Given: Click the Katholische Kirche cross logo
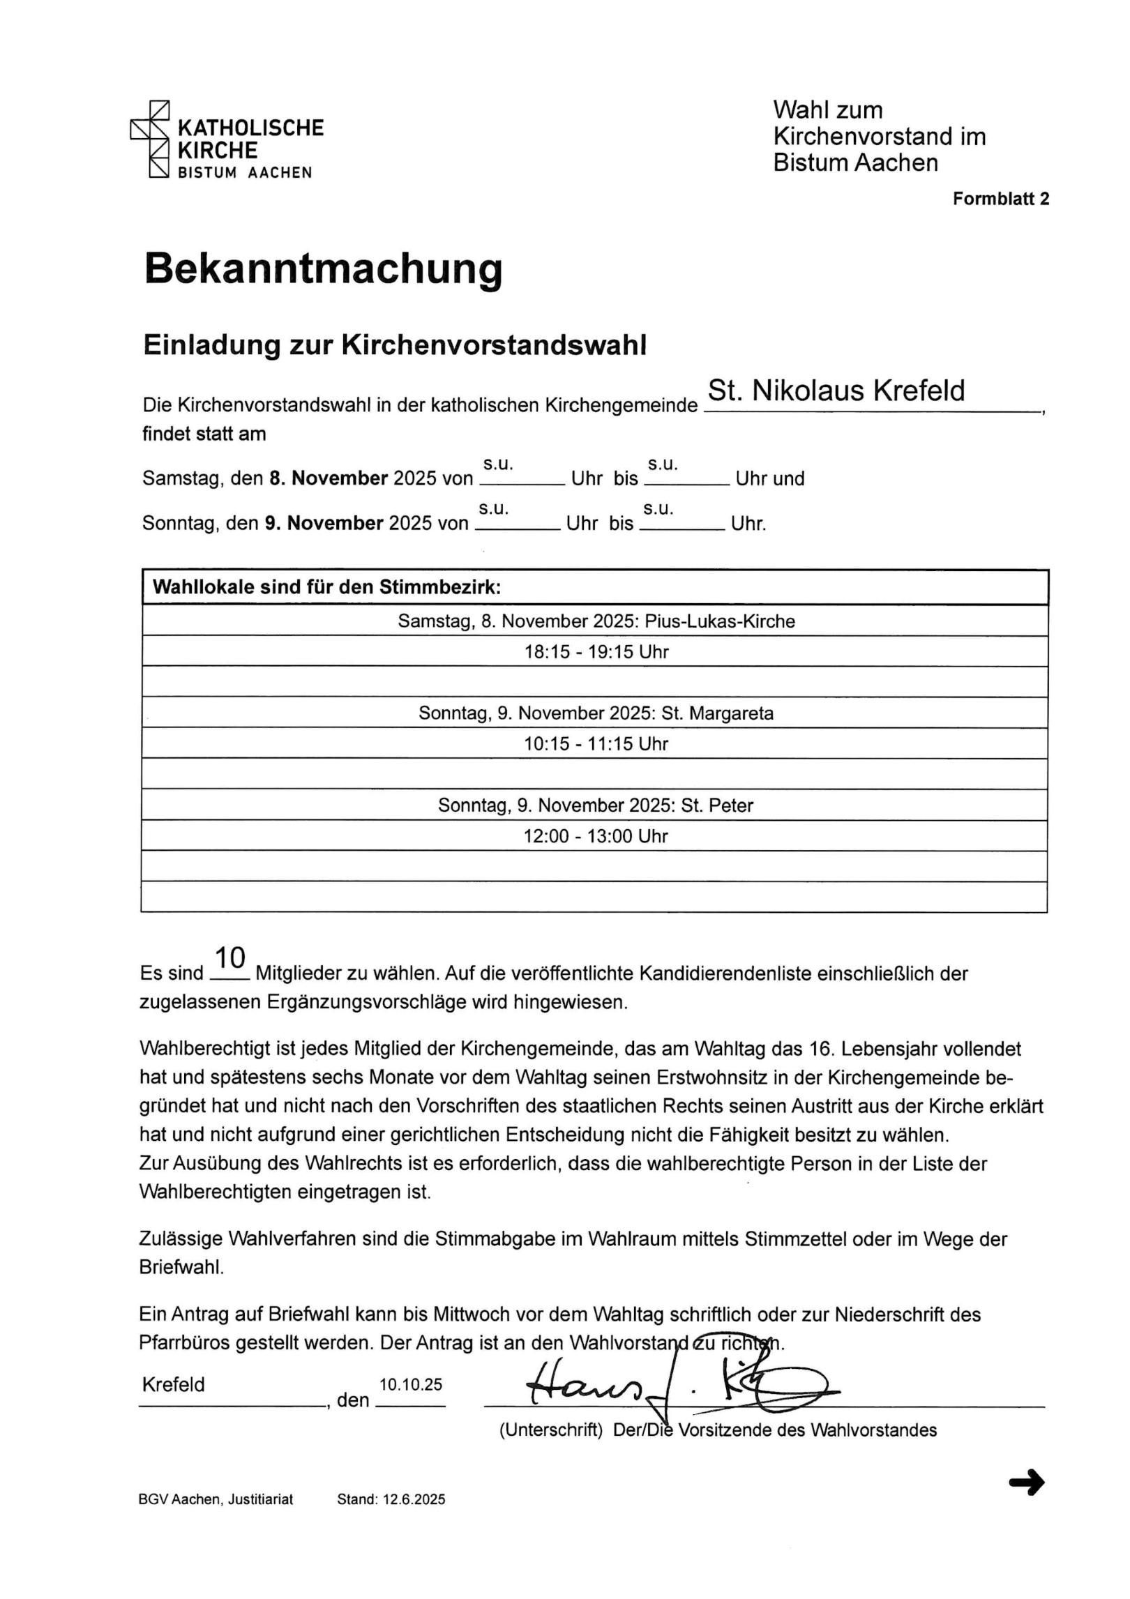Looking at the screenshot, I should (x=151, y=139).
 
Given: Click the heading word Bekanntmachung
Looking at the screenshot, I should (x=323, y=269).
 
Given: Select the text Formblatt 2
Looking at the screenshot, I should (x=1001, y=199).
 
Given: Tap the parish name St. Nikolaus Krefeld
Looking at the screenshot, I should (x=836, y=391).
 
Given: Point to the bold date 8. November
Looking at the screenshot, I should (x=329, y=478).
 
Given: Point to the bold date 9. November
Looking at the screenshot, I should (x=324, y=523).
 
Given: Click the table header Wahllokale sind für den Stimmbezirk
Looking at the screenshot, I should (x=326, y=587).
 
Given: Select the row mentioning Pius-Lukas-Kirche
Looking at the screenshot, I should (x=596, y=621).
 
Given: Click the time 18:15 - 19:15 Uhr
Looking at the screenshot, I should (x=596, y=652).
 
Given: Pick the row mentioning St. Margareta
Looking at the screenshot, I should (x=596, y=713).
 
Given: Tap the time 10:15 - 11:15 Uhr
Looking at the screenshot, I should (x=596, y=744).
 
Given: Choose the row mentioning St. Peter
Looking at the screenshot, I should (x=596, y=805).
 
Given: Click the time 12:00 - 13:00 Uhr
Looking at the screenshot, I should (x=596, y=836).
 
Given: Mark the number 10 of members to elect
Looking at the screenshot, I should (x=229, y=958).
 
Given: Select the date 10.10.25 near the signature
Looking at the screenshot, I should (x=410, y=1385).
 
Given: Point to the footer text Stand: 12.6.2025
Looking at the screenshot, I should (x=391, y=1499).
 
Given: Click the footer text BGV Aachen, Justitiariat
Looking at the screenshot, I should (x=216, y=1499).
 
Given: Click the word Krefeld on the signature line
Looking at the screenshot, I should (x=173, y=1384).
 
